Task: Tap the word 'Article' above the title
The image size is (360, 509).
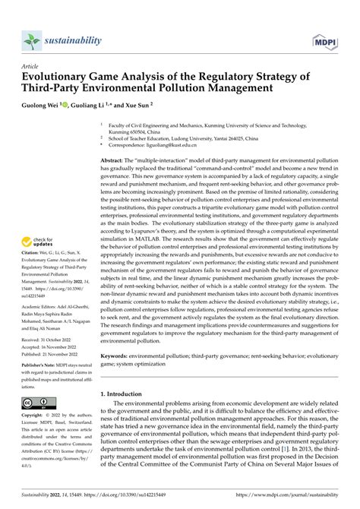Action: pyautogui.click(x=33, y=66)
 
